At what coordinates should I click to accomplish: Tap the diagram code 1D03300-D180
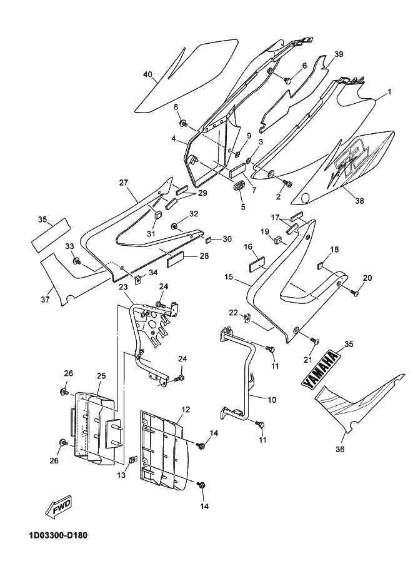pyautogui.click(x=59, y=536)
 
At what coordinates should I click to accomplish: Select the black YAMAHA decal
pyautogui.click(x=321, y=369)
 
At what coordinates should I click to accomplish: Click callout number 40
pyautogui.click(x=147, y=74)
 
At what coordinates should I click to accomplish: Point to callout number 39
pyautogui.click(x=339, y=54)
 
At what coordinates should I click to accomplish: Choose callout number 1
pyautogui.click(x=389, y=92)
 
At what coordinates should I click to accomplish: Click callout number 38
pyautogui.click(x=359, y=201)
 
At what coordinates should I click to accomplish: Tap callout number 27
pyautogui.click(x=124, y=183)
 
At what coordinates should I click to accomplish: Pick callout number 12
pyautogui.click(x=186, y=409)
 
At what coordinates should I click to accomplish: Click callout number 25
pyautogui.click(x=101, y=375)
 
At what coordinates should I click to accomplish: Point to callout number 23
pyautogui.click(x=123, y=287)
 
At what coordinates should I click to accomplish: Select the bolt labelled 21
pyautogui.click(x=315, y=340)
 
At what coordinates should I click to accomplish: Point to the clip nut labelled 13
pyautogui.click(x=134, y=460)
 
